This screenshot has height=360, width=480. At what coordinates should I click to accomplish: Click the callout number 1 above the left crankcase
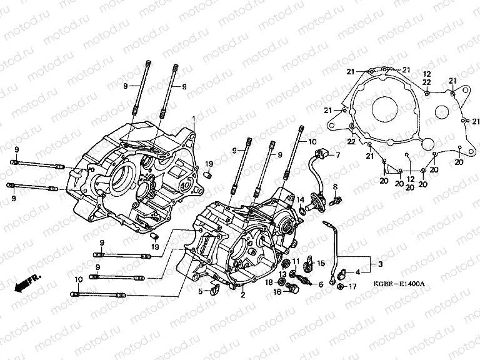(194, 119)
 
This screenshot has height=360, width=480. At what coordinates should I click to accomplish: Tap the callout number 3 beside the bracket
(374, 265)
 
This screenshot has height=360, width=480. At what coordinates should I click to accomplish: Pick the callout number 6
(321, 284)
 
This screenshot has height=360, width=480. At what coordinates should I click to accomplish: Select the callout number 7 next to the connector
(338, 155)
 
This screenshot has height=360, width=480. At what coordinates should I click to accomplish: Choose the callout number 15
(321, 263)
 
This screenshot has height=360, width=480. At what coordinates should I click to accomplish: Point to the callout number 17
(353, 287)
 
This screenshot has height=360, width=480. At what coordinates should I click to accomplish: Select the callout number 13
(282, 274)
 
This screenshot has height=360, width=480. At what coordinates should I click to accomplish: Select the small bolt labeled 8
(337, 201)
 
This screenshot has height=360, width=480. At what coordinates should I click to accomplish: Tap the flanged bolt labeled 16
(292, 290)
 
